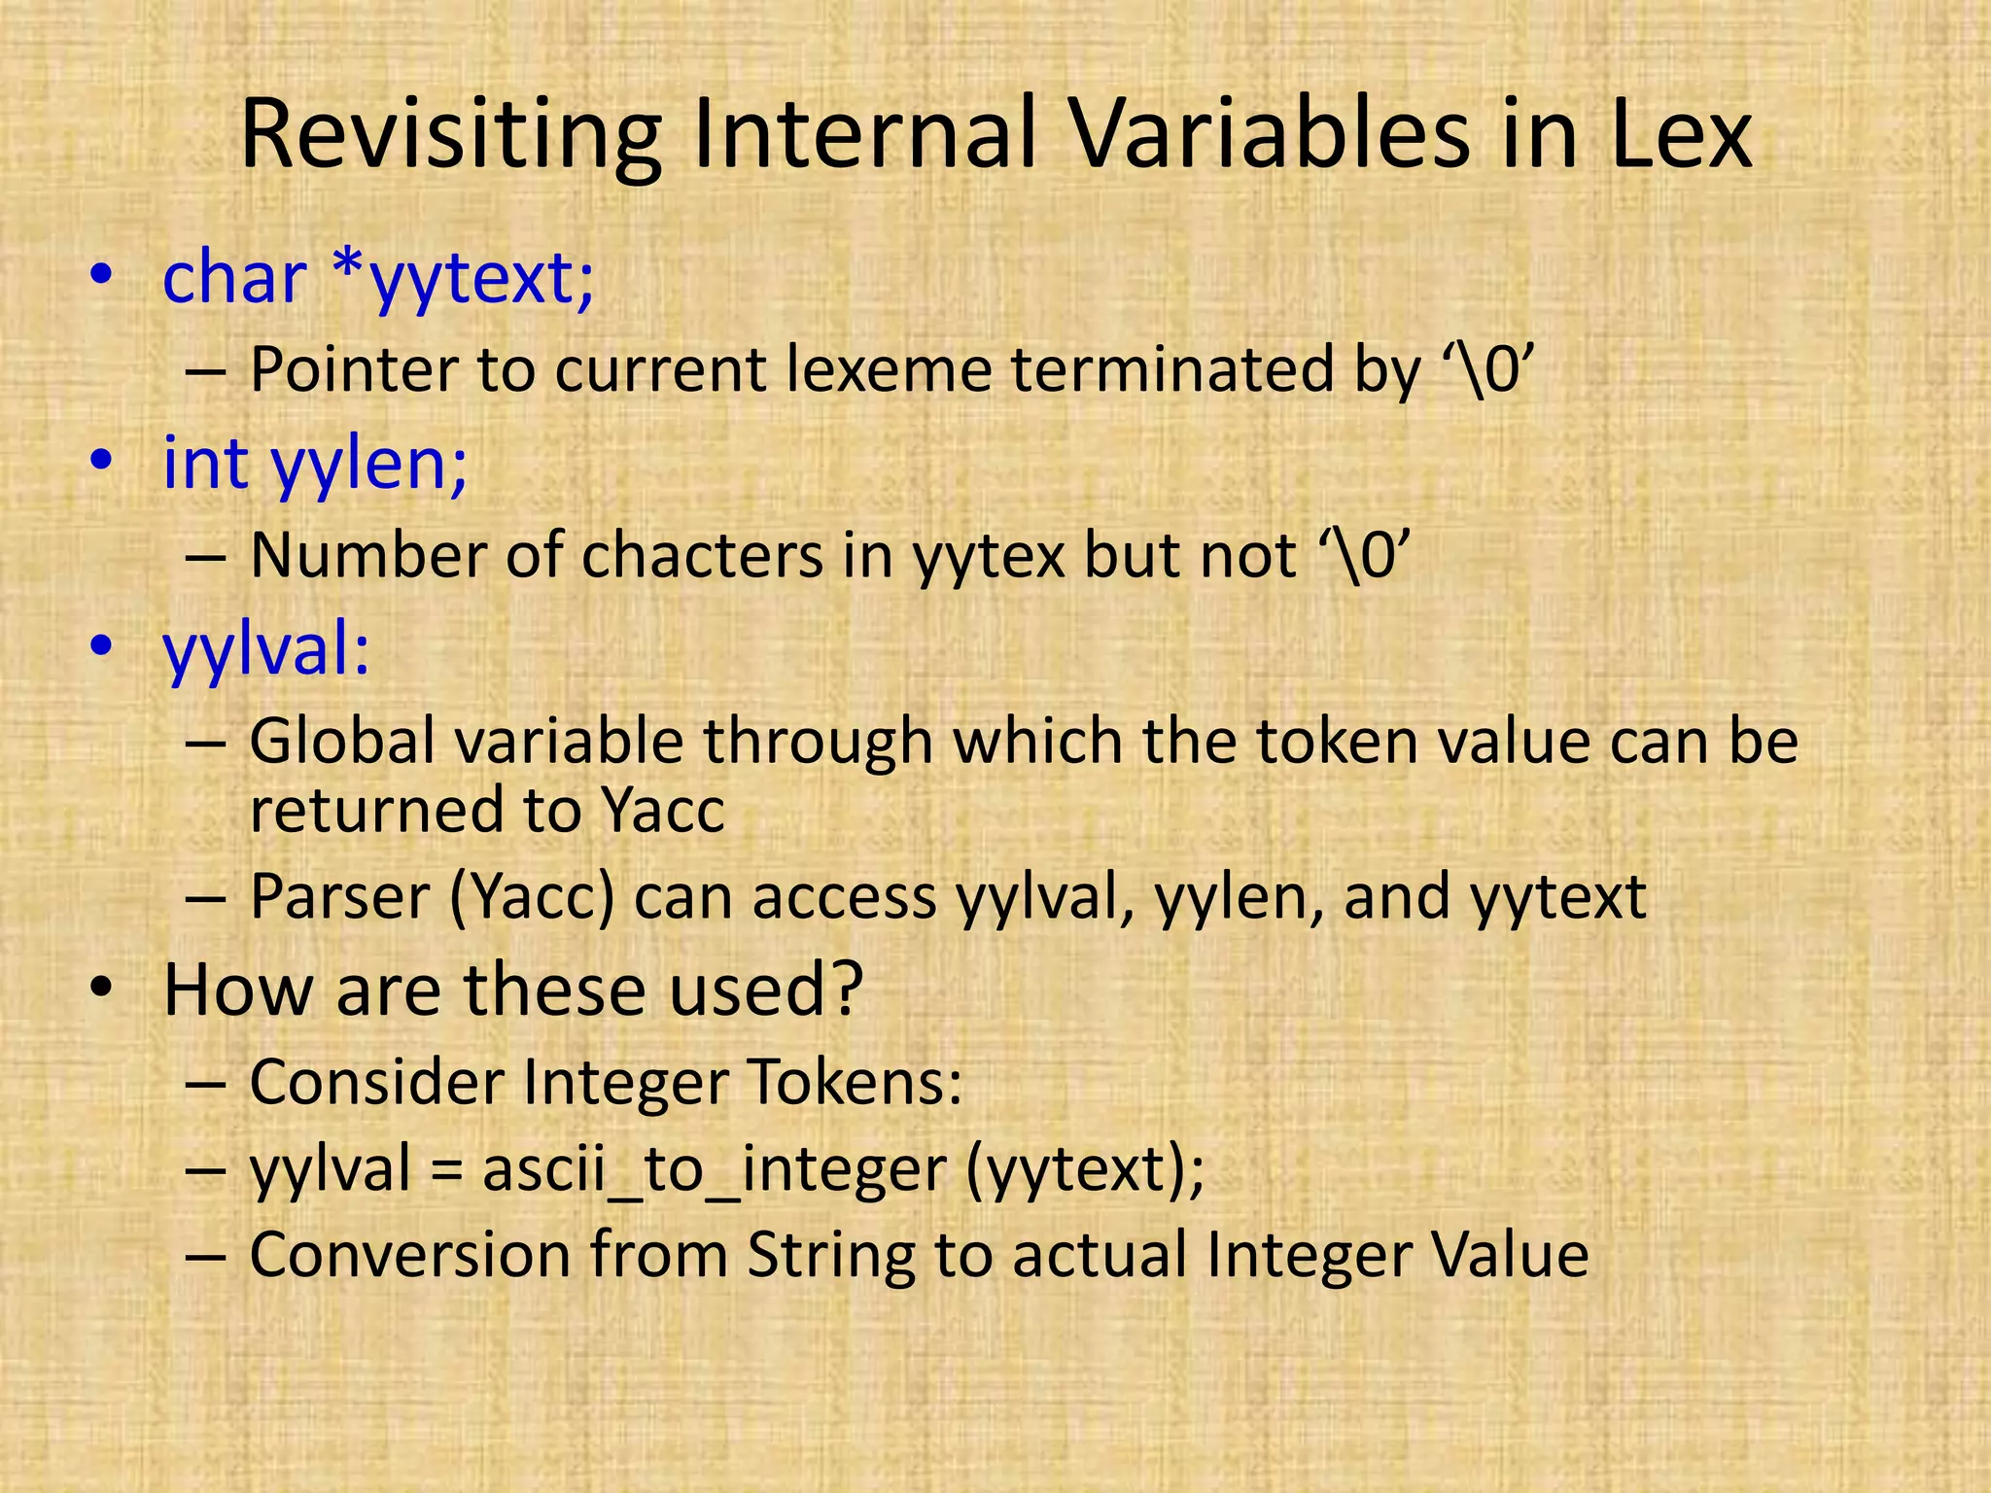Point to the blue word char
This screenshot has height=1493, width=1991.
(x=234, y=278)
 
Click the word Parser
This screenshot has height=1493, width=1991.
(x=339, y=897)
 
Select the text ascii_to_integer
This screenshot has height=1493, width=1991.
(x=715, y=1170)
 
